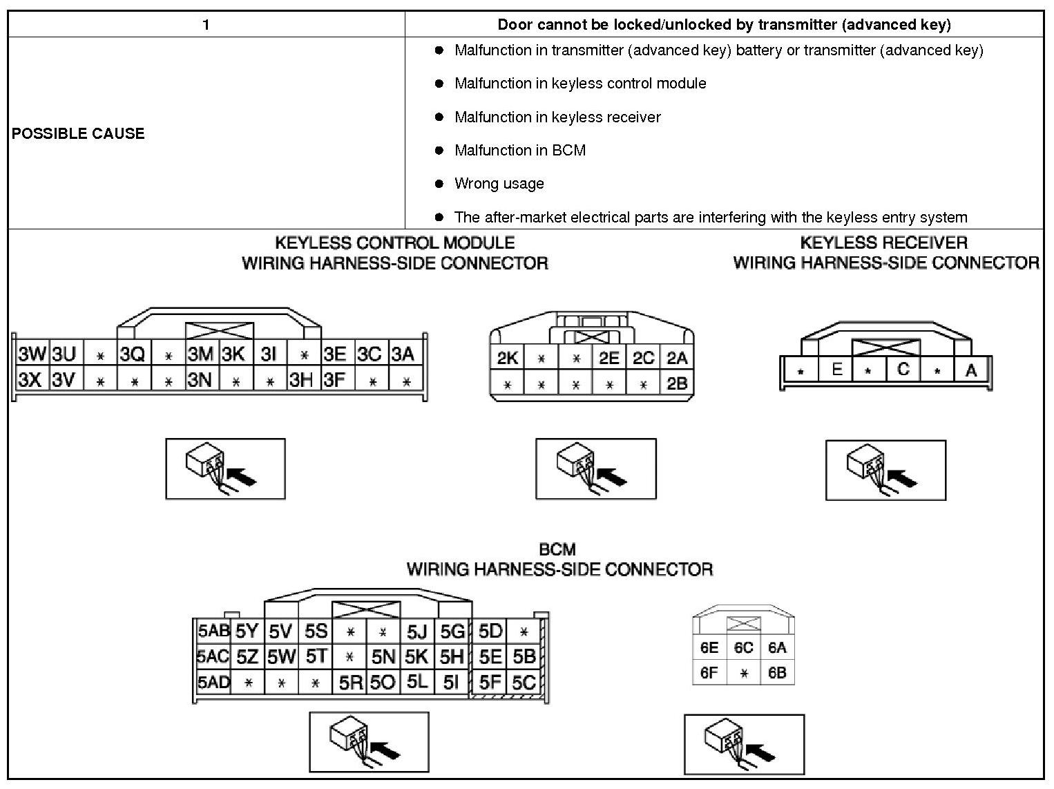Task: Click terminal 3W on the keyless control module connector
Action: click(32, 354)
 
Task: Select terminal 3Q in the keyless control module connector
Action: click(133, 354)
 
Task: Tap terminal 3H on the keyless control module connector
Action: click(301, 379)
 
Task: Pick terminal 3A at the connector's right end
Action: click(403, 354)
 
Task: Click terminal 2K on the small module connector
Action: click(507, 358)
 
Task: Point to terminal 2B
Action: click(677, 383)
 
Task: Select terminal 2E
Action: click(609, 358)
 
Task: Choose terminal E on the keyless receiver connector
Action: click(836, 369)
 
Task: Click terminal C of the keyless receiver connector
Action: click(903, 369)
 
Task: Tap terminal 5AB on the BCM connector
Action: click(213, 630)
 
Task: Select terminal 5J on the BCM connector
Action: click(416, 631)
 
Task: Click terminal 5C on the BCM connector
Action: click(524, 683)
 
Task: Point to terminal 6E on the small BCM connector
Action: click(709, 647)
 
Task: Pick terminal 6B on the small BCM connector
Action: click(777, 672)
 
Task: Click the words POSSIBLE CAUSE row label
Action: click(78, 133)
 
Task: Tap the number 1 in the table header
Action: click(206, 25)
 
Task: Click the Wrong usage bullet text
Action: click(499, 184)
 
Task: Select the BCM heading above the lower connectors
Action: click(557, 549)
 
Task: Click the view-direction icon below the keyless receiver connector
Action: click(885, 469)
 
